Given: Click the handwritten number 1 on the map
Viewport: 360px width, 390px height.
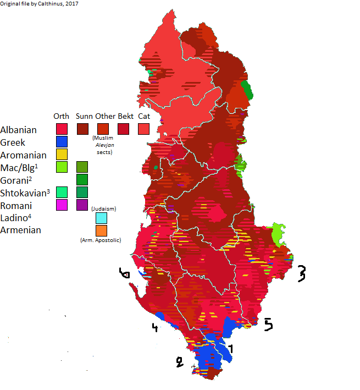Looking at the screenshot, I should point(231,348).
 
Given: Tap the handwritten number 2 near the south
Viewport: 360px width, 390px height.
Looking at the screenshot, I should point(178,362).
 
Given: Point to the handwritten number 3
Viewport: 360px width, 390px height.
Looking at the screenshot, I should point(301,273).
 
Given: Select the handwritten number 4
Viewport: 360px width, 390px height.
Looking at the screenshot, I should point(155,328).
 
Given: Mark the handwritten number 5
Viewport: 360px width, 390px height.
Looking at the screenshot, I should point(268,325).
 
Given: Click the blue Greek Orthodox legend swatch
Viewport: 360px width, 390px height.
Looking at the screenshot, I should point(62,142).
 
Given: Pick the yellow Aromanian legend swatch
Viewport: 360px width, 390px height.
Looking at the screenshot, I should point(62,155).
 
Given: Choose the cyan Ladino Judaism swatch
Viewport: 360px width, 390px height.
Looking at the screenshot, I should point(101,218).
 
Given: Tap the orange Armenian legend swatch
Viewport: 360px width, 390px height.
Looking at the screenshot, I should point(101,230).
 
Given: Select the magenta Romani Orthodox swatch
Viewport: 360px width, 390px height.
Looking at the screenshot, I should point(62,205).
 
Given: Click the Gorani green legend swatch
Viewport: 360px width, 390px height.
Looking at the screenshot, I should point(82,180).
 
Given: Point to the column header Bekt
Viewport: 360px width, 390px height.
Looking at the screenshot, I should point(125,116).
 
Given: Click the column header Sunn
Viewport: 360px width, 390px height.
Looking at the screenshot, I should point(84,116).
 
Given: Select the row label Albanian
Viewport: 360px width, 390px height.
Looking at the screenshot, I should point(19,130).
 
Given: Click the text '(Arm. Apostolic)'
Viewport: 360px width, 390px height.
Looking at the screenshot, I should point(101,240).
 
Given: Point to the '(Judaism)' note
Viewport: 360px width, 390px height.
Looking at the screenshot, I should point(103,208).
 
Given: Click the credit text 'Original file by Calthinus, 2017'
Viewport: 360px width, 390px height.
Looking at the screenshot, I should point(40,4).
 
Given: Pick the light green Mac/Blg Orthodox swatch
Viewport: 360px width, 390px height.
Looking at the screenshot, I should point(62,167).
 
